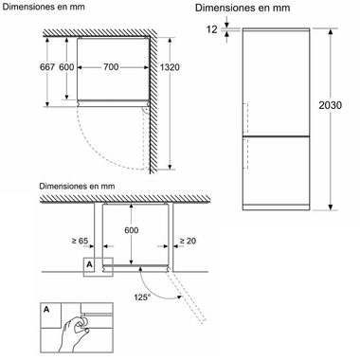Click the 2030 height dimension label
point(330,105)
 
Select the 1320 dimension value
point(170,67)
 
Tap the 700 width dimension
point(111,67)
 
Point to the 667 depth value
point(47,67)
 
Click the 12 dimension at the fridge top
point(212,29)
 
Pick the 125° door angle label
point(142,297)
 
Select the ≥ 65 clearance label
point(80,241)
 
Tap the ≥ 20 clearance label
point(188,241)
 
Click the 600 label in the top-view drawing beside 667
point(66,67)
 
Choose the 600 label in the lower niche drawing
point(131,230)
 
